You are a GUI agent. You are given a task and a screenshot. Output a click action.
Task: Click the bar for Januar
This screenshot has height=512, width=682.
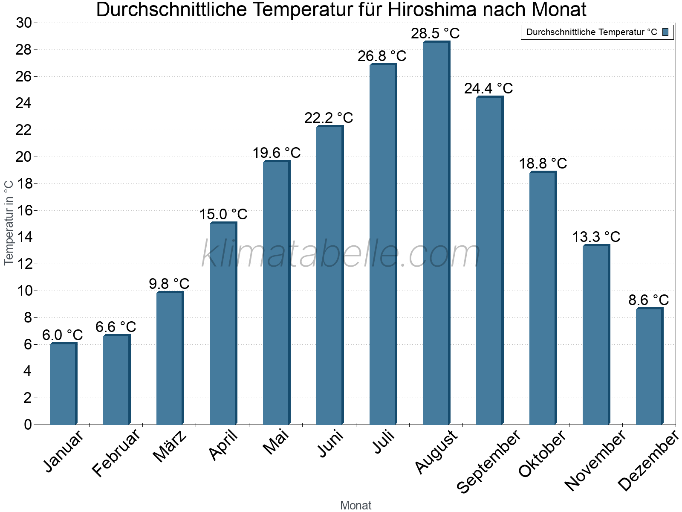pos(63,384)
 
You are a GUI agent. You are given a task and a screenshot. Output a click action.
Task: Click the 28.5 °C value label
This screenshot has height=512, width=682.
pos(435,34)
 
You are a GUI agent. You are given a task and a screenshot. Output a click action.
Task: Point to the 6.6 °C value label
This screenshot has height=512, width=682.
pos(116,327)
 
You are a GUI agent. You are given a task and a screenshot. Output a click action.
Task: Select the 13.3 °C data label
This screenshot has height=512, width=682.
pos(595,237)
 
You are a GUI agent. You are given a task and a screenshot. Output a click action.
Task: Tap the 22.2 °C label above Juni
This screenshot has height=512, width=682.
pos(329,118)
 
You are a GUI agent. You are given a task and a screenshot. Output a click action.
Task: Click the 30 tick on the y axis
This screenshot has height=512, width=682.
pos(24,23)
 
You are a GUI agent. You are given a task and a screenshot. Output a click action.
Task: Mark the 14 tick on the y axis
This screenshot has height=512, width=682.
pos(24,237)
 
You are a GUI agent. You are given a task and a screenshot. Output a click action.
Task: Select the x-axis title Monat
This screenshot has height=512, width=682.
pos(355,505)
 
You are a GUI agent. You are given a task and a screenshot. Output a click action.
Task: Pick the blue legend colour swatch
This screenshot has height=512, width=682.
pos(665,32)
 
